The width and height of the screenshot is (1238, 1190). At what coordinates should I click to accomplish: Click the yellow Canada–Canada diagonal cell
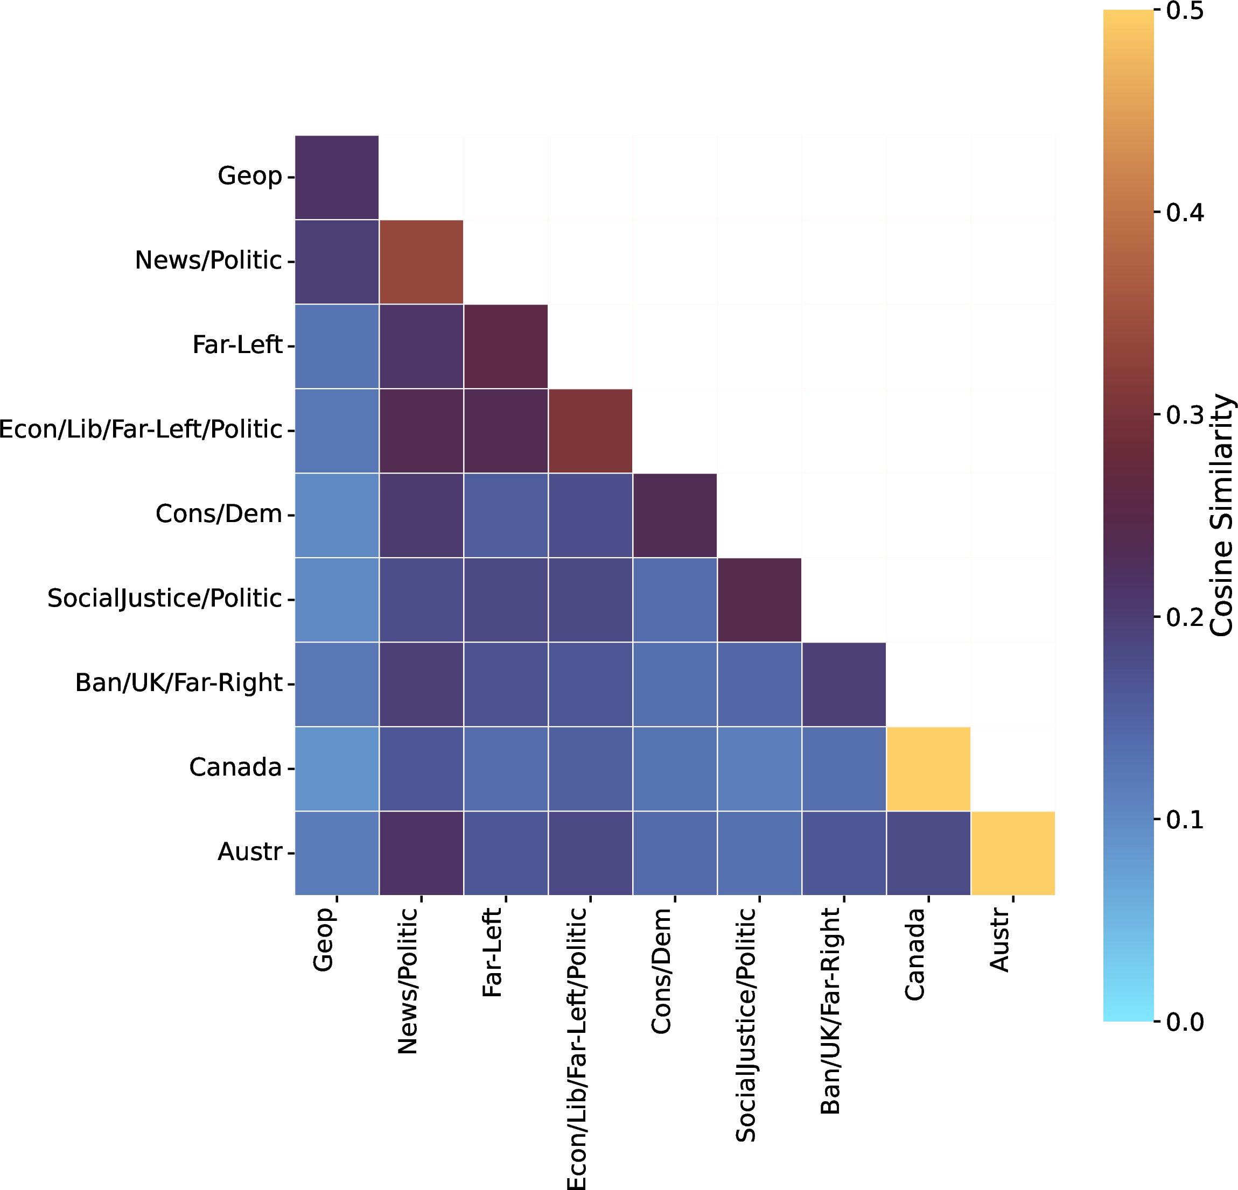click(928, 768)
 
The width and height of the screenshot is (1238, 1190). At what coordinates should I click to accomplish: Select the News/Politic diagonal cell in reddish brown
click(421, 262)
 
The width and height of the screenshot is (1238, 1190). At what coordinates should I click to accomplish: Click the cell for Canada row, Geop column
click(337, 768)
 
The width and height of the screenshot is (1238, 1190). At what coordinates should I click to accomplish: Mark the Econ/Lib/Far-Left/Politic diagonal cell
click(590, 431)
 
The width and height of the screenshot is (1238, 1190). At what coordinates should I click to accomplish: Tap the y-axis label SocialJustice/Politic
click(164, 598)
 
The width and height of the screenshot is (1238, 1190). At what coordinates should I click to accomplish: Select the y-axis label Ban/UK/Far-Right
click(178, 683)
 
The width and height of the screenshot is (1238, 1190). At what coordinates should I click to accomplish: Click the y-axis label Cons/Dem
click(219, 514)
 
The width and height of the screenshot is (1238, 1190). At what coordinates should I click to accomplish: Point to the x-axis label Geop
click(324, 939)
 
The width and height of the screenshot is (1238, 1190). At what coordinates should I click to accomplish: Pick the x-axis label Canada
click(914, 954)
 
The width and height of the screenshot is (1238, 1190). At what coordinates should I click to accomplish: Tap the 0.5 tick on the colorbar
click(1184, 11)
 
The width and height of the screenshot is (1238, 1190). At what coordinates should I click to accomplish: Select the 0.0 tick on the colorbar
click(1184, 1022)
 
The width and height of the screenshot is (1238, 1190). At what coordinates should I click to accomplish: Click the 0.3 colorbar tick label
click(1184, 416)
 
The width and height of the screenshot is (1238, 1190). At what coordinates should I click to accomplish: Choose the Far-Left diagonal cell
click(505, 346)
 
